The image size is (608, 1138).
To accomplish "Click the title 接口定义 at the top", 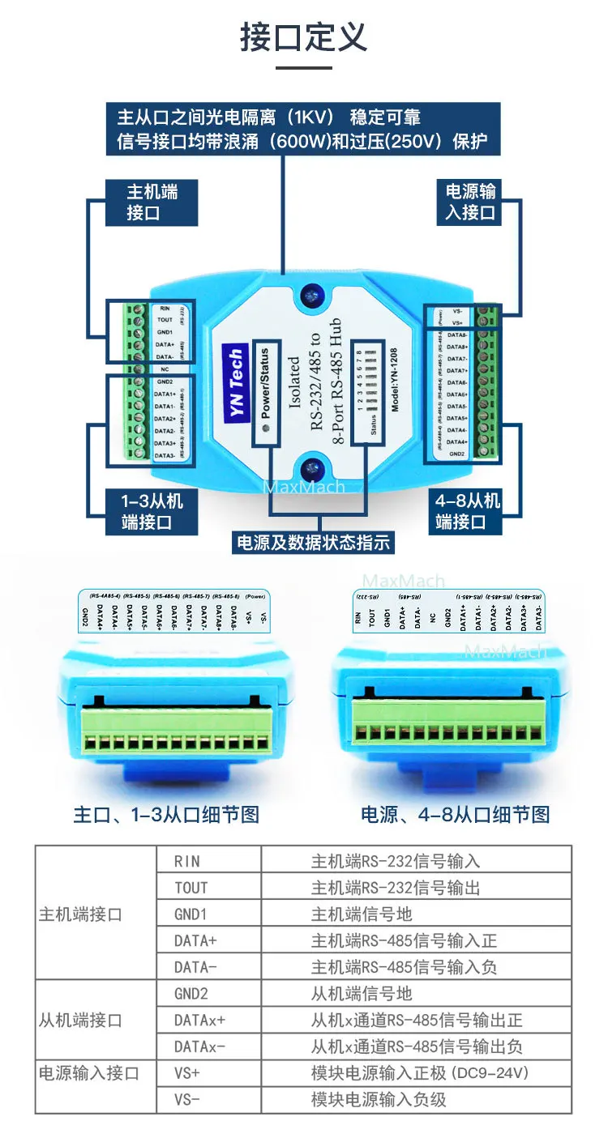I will click(x=304, y=37).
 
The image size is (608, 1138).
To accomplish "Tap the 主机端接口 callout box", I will click(x=152, y=202).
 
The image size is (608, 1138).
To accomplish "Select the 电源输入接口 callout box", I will click(x=471, y=202).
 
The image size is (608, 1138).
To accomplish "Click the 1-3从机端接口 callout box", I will click(x=152, y=511).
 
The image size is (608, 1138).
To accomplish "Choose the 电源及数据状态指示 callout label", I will click(x=312, y=542).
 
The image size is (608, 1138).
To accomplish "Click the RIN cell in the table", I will click(x=187, y=861).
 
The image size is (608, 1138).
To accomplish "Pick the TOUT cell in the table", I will click(x=191, y=888).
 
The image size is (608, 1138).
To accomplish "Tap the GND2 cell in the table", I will click(x=191, y=994).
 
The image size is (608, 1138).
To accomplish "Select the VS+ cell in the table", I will click(x=187, y=1073).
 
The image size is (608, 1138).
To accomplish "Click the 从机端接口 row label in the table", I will click(x=80, y=1021).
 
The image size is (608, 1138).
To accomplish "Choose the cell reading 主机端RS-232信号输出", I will click(x=396, y=888).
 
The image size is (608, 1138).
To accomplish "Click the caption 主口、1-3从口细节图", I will click(x=166, y=814).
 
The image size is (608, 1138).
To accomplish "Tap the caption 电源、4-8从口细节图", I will click(x=456, y=814).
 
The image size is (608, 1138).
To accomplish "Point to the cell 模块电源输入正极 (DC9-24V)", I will click(x=420, y=1073).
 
